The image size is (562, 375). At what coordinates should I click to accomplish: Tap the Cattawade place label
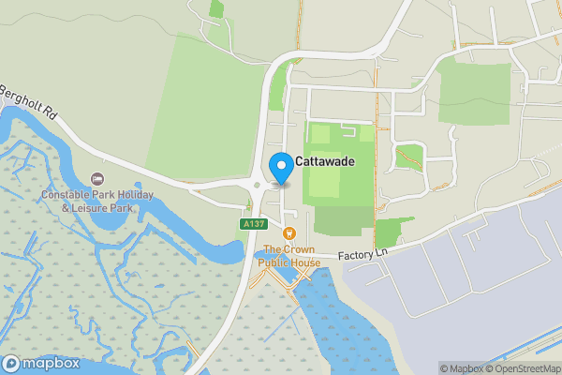[325, 162]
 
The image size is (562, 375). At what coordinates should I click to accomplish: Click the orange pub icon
[289, 232]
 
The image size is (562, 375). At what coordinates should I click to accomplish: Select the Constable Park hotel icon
[96, 179]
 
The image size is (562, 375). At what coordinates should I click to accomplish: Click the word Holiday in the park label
[138, 195]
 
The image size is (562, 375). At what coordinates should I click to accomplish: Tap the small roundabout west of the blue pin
[258, 184]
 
